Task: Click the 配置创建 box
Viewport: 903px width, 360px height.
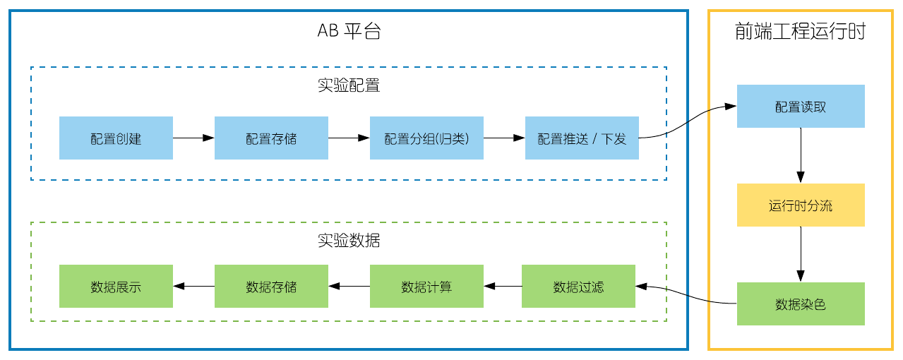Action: (116, 138)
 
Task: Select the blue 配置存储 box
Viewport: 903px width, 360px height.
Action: (271, 138)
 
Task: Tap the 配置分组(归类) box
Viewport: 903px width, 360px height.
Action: (426, 138)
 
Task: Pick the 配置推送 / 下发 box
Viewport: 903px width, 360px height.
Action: (582, 138)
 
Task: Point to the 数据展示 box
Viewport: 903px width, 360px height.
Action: (116, 287)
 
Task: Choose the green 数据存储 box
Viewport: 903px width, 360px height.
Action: (271, 287)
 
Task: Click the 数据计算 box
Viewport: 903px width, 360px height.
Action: (426, 287)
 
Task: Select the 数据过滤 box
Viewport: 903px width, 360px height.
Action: (578, 287)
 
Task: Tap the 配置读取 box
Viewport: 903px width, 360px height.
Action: (801, 107)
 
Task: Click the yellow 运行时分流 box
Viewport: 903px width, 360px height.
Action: (801, 205)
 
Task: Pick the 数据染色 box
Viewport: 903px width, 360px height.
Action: (801, 304)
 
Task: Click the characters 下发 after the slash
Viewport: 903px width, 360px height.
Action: (614, 139)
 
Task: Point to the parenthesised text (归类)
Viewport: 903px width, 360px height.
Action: (453, 139)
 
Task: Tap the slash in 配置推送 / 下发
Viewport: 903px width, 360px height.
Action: (594, 139)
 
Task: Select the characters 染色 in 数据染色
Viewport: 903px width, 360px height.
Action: (813, 305)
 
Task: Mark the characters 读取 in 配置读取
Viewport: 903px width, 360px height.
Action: (813, 107)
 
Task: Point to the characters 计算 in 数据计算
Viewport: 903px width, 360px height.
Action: (439, 287)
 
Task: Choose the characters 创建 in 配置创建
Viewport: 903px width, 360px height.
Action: (128, 139)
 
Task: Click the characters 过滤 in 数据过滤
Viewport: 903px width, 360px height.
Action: (591, 287)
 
